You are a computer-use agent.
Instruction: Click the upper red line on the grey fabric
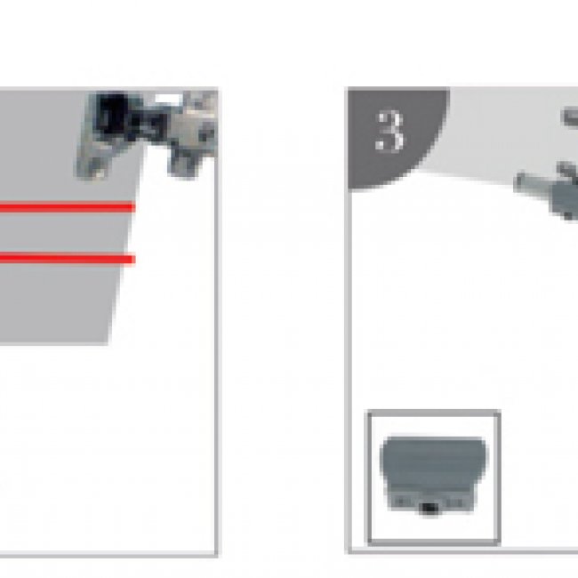click(67, 207)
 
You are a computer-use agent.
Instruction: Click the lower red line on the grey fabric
click(67, 259)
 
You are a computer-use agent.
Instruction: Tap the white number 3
click(389, 132)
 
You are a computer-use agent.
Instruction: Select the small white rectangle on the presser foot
click(169, 99)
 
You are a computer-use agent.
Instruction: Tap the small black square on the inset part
click(429, 509)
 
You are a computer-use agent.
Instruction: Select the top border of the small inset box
click(434, 413)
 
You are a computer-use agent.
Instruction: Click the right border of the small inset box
click(497, 477)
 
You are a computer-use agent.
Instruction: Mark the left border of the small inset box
click(369, 477)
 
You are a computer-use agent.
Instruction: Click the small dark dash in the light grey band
click(569, 117)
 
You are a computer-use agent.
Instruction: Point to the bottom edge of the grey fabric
click(54, 343)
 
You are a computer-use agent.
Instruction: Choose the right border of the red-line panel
click(216, 321)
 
